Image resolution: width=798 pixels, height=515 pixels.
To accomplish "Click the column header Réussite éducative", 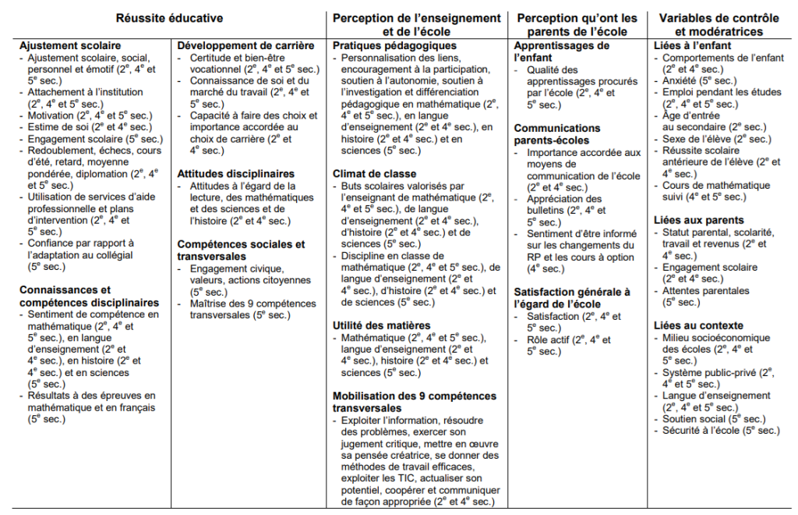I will (x=169, y=18).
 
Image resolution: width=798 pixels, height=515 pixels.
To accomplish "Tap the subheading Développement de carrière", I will (x=245, y=46).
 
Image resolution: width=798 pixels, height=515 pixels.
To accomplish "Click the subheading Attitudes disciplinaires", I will (x=235, y=173).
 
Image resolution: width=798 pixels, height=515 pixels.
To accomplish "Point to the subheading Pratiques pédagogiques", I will (x=394, y=46).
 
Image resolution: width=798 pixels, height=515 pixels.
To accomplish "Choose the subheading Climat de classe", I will (x=374, y=173).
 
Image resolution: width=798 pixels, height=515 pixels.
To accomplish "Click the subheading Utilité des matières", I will (x=382, y=325).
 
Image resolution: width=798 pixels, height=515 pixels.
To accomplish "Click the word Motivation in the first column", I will (x=52, y=115).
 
